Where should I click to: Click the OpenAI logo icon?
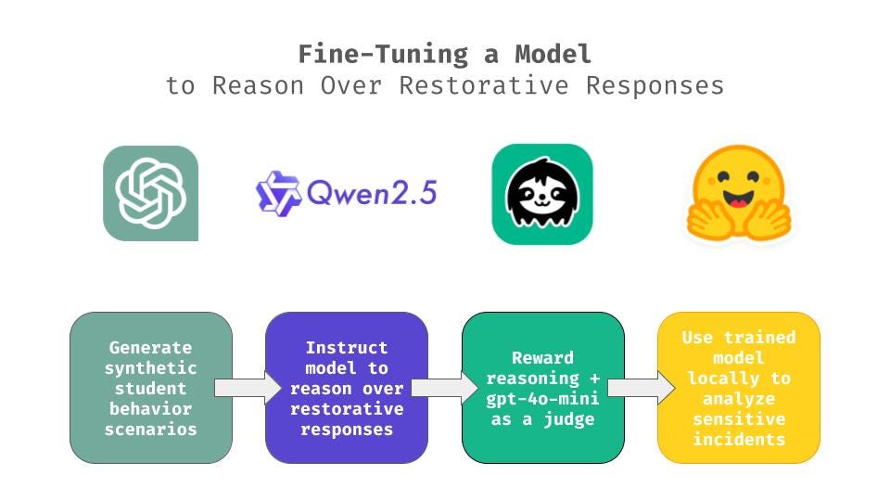point(150,193)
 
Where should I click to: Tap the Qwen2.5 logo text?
point(347,192)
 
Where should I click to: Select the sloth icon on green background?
point(541,194)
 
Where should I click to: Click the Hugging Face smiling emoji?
point(738,194)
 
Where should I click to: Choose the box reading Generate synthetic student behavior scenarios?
point(150,388)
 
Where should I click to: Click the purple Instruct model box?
point(347,388)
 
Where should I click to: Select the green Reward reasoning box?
point(542,388)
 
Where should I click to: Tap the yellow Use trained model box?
point(738,388)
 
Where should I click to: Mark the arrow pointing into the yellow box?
point(641,388)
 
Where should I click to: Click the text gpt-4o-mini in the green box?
point(543,399)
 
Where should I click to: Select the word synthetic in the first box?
point(151,368)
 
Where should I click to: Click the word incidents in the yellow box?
point(739,440)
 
